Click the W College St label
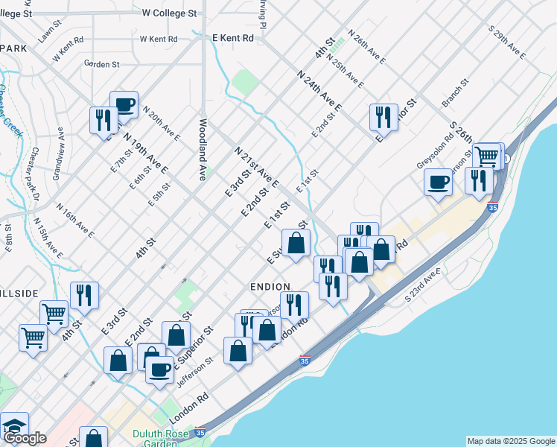coord(169,13)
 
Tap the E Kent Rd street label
coord(233,37)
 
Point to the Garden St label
coord(102,65)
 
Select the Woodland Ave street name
coord(202,150)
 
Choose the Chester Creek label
coord(11,112)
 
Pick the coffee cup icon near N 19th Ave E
coord(124,104)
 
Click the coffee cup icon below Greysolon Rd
coord(439,181)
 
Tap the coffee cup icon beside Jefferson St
coord(159,369)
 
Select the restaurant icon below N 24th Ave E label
coord(383,116)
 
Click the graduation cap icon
coord(14,425)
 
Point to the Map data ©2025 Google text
coord(510,441)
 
